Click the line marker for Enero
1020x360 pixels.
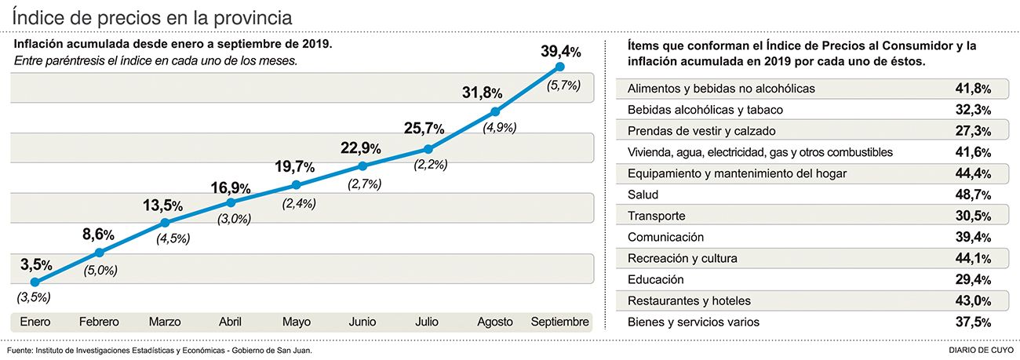coord(35,282)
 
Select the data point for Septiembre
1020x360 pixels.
coord(559,67)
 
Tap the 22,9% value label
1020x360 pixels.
coord(361,147)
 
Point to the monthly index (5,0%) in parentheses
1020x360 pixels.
coord(101,271)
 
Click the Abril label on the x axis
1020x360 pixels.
coord(230,322)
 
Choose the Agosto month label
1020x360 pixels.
coord(494,322)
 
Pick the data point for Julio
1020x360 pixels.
coord(428,148)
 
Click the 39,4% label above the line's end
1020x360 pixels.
coord(560,52)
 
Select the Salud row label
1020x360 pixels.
coord(643,195)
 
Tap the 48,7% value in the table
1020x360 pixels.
coord(969,195)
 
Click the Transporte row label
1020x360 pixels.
coord(657,216)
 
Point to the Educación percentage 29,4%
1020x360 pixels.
coord(969,280)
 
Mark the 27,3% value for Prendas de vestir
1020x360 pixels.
coord(969,131)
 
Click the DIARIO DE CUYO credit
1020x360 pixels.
coord(981,350)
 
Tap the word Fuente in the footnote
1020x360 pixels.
coord(19,350)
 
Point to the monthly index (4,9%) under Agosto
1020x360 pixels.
coord(494,127)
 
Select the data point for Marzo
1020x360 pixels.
coord(165,223)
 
